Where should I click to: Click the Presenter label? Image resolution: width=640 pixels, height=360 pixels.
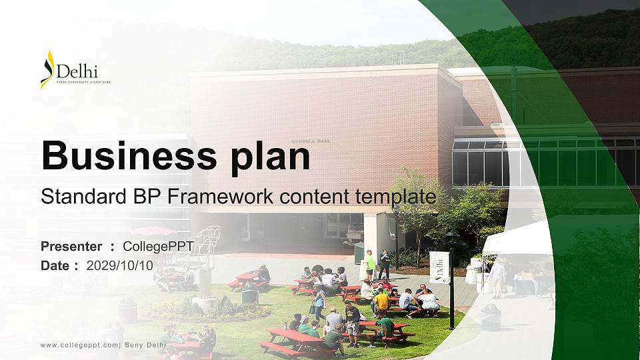[71, 247]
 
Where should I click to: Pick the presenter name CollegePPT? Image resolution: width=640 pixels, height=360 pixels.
[158, 247]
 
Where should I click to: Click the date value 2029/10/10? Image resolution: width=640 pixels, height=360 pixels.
[119, 265]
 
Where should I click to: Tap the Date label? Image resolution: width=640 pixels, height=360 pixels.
[55, 265]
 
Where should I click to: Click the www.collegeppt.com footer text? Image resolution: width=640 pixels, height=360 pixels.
[80, 345]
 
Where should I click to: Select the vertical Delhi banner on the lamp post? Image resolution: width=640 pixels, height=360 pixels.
[439, 267]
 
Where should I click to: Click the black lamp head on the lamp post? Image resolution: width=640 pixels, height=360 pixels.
[451, 236]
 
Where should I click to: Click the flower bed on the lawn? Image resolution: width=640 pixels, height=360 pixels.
[207, 310]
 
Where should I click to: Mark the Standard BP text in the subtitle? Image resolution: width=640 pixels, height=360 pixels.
[100, 197]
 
